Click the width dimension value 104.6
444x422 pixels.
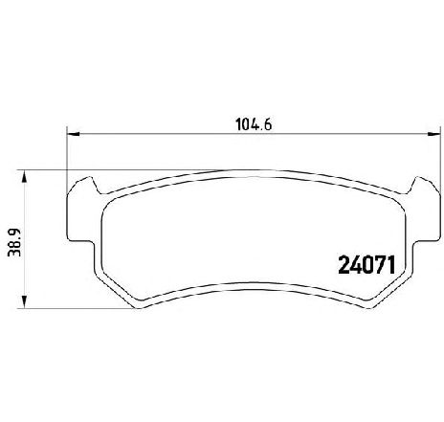click(x=254, y=124)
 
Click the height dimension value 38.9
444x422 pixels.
click(x=14, y=242)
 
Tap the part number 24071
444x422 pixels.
click(x=366, y=265)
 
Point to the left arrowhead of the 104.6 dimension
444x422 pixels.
click(x=73, y=134)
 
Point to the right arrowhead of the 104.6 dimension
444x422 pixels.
click(x=434, y=134)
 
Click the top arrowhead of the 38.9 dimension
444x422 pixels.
click(x=24, y=177)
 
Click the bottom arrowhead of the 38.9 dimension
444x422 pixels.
click(x=24, y=301)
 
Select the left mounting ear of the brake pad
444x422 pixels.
click(x=80, y=211)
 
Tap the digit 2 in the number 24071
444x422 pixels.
click(x=344, y=265)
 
